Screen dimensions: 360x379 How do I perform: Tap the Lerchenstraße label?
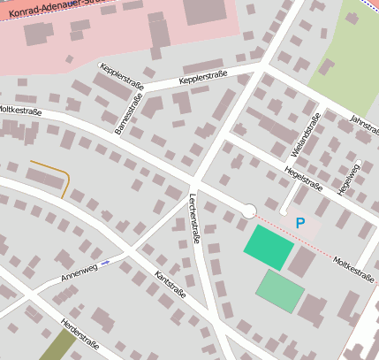[x=195, y=218]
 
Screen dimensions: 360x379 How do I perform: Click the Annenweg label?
[x=79, y=272]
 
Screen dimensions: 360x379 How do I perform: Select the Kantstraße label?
[x=170, y=286]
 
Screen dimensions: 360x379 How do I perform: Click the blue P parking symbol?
[x=300, y=224]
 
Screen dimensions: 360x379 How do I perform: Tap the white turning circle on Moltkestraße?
[x=249, y=211]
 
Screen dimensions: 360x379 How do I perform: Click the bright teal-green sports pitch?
[x=268, y=248]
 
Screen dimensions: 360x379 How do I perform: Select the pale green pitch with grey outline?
[x=280, y=290]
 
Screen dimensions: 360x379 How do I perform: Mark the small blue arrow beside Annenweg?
[x=106, y=263]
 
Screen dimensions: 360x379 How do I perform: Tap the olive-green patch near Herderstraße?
[x=57, y=346]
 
